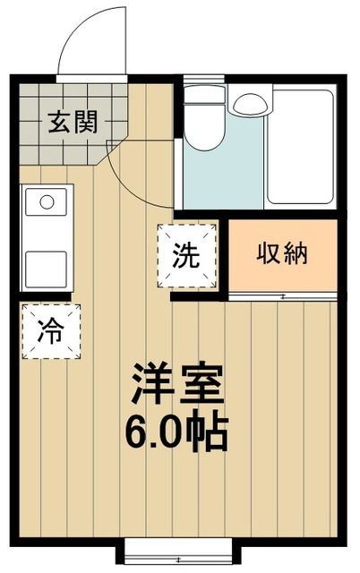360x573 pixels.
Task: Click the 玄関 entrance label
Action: [73, 122]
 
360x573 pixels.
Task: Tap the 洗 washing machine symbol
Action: [187, 256]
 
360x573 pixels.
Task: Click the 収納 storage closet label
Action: [283, 254]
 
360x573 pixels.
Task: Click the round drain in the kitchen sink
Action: [47, 201]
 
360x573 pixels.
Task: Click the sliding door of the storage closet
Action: [283, 295]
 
